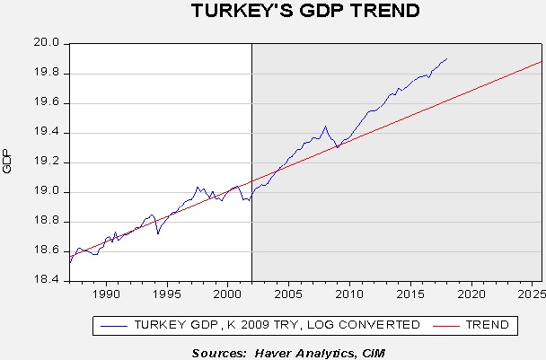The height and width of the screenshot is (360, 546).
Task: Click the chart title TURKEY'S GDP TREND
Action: point(305,11)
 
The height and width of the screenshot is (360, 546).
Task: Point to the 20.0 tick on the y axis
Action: point(47,43)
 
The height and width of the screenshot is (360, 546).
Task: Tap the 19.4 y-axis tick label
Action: point(47,132)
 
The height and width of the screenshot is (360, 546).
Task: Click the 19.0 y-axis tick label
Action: point(47,191)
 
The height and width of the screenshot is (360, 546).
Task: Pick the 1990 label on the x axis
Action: point(106,294)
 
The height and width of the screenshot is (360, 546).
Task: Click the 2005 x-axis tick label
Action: point(288,294)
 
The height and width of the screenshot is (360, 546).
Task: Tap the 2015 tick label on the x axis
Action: point(410,294)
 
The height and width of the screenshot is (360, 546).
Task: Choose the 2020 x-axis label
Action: point(471,294)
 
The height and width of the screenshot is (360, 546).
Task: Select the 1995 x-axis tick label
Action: point(167,294)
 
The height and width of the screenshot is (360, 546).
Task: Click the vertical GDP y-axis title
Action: point(7,161)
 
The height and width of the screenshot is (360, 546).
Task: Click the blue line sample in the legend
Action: point(114,326)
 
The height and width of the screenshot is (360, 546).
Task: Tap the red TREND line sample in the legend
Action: point(446,326)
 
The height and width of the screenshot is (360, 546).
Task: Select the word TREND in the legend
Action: point(488,325)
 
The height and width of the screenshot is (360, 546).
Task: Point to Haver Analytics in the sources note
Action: point(303,353)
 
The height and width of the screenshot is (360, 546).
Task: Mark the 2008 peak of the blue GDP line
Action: point(326,127)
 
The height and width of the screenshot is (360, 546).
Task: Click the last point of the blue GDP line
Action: point(446,59)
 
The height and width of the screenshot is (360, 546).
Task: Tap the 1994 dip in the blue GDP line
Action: point(158,233)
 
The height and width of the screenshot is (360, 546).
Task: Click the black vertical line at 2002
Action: point(251,162)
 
